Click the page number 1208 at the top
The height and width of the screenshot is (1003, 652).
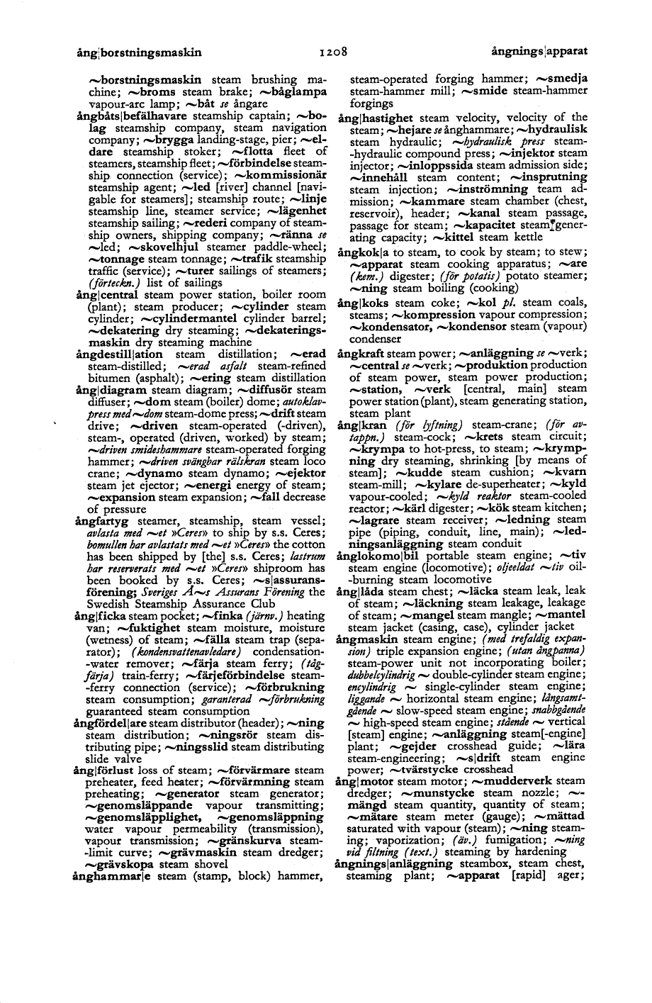[332, 52]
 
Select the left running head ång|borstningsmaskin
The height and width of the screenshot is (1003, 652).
[140, 52]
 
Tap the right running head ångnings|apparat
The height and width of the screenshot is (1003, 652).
[539, 52]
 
